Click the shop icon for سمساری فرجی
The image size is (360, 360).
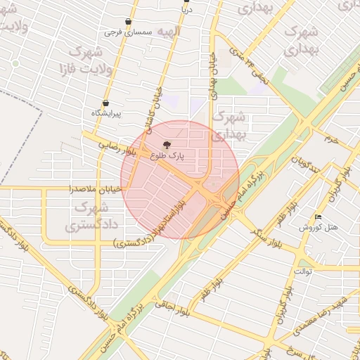pyautogui.click(x=127, y=22)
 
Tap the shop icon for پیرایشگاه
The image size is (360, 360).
pyautogui.click(x=105, y=103)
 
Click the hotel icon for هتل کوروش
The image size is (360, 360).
pyautogui.click(x=319, y=217)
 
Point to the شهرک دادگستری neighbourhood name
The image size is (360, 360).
pyautogui.click(x=88, y=217)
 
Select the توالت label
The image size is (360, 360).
pyautogui.click(x=304, y=271)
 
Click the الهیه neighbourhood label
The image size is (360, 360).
pyautogui.click(x=168, y=32)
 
